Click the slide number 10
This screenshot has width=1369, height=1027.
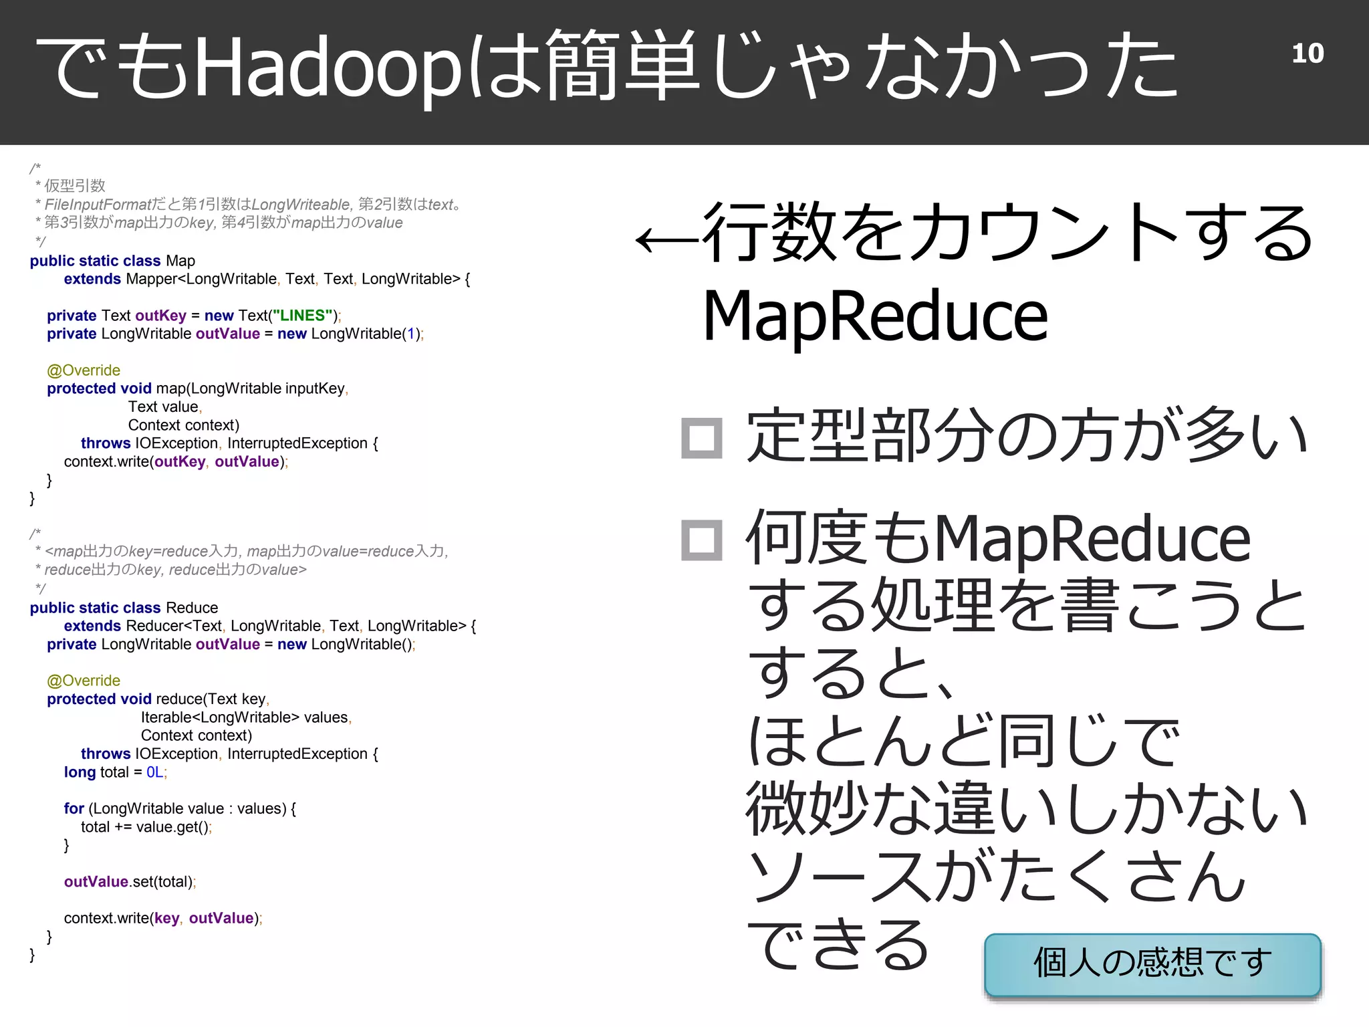(1307, 53)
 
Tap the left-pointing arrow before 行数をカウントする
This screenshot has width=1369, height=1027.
(666, 239)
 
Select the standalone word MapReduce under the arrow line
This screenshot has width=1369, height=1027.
(875, 316)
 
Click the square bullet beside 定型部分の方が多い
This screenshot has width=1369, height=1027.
(701, 439)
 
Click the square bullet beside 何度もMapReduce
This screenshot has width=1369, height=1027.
(701, 540)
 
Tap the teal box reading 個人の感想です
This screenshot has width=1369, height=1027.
(1152, 963)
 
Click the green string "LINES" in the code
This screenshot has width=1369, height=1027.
(302, 316)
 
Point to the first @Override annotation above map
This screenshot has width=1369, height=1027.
(84, 370)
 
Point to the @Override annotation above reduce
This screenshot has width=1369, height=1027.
(84, 681)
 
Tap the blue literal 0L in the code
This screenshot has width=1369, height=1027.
(154, 772)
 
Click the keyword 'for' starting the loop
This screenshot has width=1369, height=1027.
(74, 808)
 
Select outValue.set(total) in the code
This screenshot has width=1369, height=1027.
(129, 882)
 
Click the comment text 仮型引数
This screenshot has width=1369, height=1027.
(75, 186)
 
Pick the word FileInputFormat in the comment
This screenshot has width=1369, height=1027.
(98, 205)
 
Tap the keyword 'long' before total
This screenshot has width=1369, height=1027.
(80, 772)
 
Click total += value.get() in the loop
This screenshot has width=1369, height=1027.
(145, 827)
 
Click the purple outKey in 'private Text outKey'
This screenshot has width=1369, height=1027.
(160, 316)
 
